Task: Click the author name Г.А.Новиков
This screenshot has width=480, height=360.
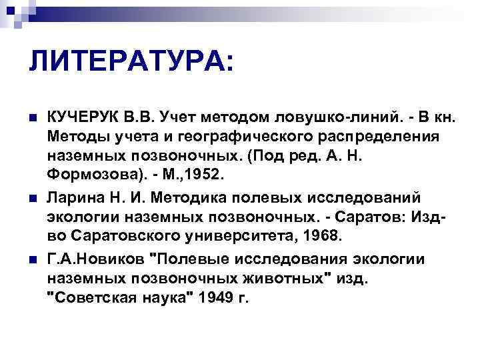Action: pos(97,258)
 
